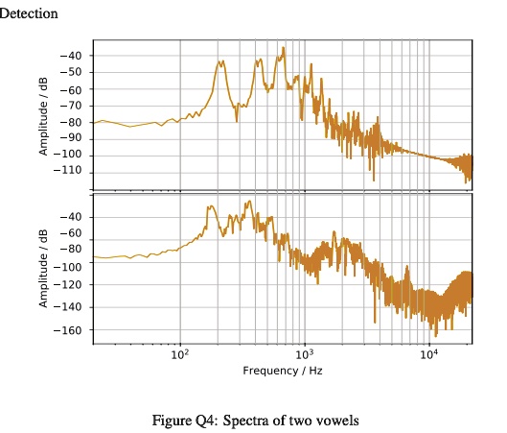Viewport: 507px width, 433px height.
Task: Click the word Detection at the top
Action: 29,13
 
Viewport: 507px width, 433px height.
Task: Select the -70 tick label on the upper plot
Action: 71,106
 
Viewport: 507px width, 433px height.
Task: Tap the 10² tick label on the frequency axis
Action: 179,354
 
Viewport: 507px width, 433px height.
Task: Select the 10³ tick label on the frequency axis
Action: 305,354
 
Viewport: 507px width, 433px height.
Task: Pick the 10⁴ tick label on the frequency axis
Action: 429,354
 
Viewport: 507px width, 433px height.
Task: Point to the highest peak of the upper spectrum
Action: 283,48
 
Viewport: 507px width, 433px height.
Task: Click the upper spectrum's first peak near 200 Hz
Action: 220,62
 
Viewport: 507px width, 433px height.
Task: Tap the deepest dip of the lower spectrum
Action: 434,334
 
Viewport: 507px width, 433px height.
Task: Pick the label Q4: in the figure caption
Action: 205,421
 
